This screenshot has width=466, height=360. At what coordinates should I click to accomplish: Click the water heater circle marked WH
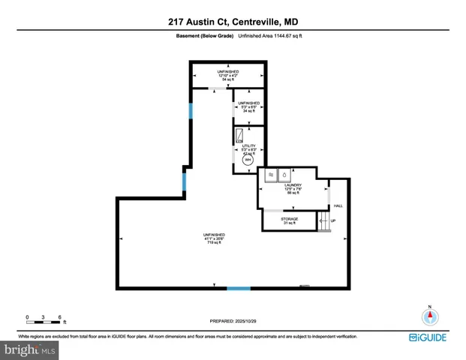click(x=248, y=160)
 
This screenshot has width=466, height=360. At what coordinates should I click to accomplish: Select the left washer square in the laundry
click(x=270, y=176)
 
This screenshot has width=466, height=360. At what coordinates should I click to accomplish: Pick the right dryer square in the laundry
click(x=284, y=176)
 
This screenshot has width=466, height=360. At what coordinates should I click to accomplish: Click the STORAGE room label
click(x=290, y=219)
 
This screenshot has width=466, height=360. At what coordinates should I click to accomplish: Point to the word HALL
click(x=338, y=205)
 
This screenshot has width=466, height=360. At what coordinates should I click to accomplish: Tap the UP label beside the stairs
click(x=333, y=220)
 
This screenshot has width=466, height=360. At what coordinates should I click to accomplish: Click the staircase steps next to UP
click(x=323, y=220)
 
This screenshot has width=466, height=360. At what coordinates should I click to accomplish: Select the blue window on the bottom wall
click(x=239, y=287)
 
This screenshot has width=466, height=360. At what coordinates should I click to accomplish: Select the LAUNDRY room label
click(x=292, y=184)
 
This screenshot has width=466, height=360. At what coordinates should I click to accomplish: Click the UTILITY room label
click(x=247, y=145)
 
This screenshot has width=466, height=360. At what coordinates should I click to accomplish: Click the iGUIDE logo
click(x=429, y=337)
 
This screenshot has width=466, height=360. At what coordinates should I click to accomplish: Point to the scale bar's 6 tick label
click(x=59, y=316)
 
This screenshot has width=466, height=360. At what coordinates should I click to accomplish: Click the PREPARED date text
click(x=233, y=320)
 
